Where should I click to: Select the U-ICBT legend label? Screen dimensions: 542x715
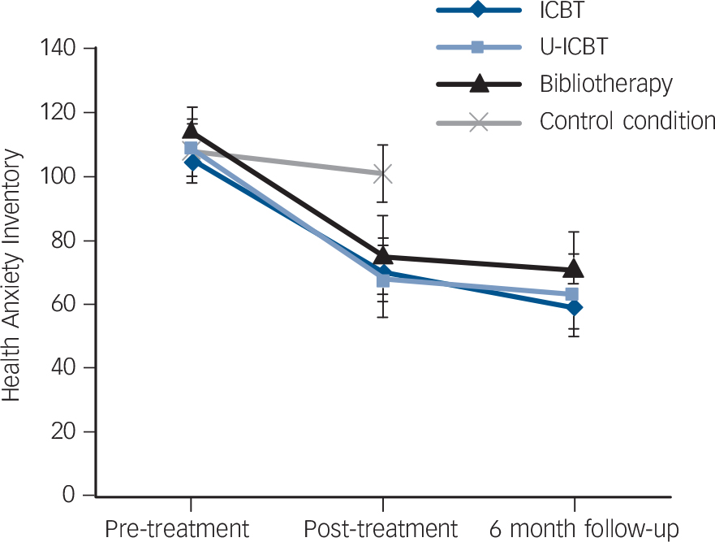[574, 46]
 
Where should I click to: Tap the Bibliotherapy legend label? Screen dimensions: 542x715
[606, 84]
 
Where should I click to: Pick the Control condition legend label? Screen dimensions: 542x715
[627, 122]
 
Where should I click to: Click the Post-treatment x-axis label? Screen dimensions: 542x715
[381, 528]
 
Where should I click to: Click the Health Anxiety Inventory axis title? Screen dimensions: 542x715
[11, 273]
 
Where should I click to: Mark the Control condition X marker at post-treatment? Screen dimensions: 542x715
[383, 173]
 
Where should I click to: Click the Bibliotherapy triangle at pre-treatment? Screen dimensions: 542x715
[191, 131]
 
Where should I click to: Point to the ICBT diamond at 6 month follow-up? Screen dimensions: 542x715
[575, 307]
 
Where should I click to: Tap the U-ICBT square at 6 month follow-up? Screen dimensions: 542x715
[571, 294]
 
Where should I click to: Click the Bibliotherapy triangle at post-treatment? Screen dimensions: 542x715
[383, 255]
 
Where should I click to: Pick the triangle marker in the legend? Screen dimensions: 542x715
[479, 83]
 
